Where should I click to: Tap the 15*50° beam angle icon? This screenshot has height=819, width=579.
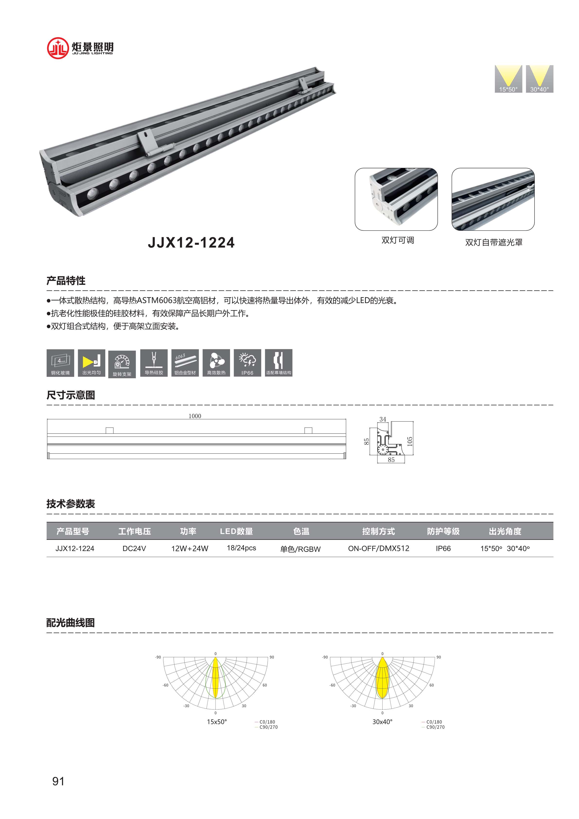(x=508, y=79)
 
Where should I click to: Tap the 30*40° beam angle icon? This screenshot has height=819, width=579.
(x=539, y=79)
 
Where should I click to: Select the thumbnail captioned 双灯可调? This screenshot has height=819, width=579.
(x=396, y=199)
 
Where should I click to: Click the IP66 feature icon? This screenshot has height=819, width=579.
(x=247, y=362)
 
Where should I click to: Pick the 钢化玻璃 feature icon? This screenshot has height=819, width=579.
(x=60, y=362)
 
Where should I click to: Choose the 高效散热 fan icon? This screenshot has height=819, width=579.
(x=216, y=362)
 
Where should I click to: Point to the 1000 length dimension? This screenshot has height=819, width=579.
(x=195, y=416)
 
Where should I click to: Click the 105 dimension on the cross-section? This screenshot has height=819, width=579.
(x=410, y=441)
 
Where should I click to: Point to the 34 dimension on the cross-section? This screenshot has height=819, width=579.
(x=383, y=419)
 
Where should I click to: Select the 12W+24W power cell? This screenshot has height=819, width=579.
(x=190, y=549)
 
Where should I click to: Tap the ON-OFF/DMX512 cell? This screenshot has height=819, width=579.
(x=379, y=548)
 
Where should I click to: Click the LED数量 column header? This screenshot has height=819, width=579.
(x=236, y=531)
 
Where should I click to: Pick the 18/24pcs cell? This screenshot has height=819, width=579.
(x=241, y=548)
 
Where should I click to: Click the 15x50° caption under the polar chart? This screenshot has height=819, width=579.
(x=217, y=722)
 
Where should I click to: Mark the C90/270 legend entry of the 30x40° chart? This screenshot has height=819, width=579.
(x=435, y=727)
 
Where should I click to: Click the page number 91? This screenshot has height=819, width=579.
(x=58, y=781)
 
